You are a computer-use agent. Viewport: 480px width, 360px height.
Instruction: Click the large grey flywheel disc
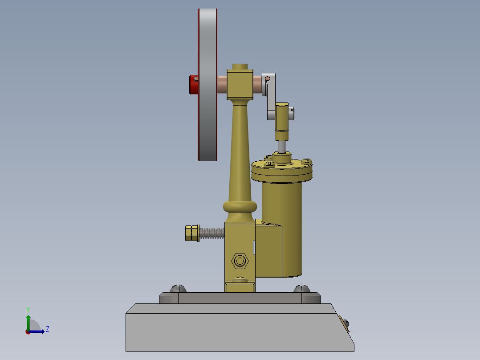(x=207, y=85)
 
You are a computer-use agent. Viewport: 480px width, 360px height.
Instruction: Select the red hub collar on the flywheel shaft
(x=194, y=85)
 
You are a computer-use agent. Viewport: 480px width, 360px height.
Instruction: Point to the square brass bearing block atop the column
(x=240, y=85)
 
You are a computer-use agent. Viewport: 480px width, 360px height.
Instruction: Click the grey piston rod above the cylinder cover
(x=282, y=146)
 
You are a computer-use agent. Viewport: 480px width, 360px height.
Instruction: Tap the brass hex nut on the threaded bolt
(x=192, y=233)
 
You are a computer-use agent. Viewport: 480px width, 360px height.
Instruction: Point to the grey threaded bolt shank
(x=212, y=233)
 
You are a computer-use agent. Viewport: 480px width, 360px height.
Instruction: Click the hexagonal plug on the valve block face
(x=240, y=260)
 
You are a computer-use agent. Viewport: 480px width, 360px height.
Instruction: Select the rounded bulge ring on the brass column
(x=240, y=206)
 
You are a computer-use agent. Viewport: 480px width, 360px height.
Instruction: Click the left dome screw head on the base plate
(x=178, y=289)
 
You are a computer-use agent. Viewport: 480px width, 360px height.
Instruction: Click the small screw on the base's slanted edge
(x=346, y=324)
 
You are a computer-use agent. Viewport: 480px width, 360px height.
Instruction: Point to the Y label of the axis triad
(x=28, y=309)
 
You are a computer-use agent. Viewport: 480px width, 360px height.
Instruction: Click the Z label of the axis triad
(x=48, y=329)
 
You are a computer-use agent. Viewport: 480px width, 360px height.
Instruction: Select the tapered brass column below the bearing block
(x=240, y=151)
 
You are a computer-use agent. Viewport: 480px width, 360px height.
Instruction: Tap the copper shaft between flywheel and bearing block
(x=222, y=85)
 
